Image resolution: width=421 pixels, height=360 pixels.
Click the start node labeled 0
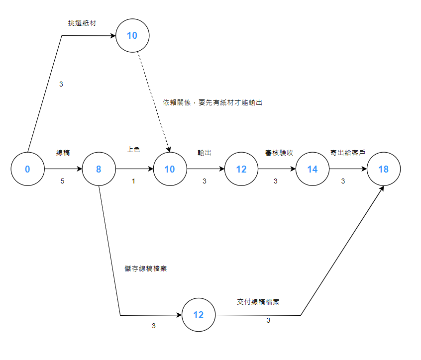click(x=27, y=169)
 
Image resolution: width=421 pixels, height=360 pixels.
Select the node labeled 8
click(x=99, y=169)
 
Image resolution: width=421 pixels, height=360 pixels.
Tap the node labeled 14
click(x=312, y=169)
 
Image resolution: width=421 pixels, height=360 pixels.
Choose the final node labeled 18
click(x=383, y=169)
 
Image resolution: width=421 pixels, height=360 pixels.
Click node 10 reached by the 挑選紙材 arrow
click(x=132, y=35)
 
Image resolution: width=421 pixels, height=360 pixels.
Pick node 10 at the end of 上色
click(x=170, y=169)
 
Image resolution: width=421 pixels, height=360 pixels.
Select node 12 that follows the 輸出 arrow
click(x=241, y=169)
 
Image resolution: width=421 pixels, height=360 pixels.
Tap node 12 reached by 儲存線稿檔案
click(x=199, y=315)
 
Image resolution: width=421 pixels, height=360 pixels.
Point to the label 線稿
click(x=63, y=153)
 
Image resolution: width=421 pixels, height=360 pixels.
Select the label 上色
click(x=133, y=150)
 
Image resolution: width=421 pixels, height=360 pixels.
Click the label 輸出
click(x=205, y=153)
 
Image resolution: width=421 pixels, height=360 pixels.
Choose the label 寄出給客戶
click(x=347, y=153)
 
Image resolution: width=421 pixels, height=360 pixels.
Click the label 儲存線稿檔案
click(x=145, y=269)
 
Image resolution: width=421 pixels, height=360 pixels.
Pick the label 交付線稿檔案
click(x=258, y=302)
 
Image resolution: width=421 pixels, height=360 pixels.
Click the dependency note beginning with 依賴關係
click(x=212, y=102)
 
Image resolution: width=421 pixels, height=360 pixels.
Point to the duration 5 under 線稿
click(x=62, y=181)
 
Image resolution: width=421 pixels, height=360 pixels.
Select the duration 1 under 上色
click(x=133, y=181)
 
